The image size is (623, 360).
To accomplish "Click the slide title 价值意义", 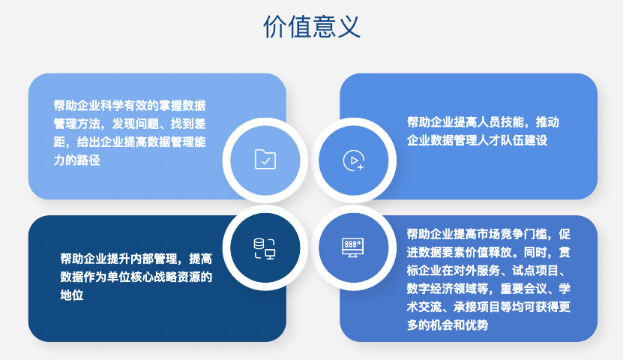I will click(x=311, y=27).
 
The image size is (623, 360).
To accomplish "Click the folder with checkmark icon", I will click(x=265, y=159).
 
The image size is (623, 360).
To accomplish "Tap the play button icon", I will click(x=353, y=160).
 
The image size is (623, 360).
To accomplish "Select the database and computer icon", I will click(x=265, y=247).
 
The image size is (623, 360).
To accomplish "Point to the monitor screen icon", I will click(x=353, y=247).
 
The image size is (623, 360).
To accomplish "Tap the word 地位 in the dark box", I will click(x=71, y=295).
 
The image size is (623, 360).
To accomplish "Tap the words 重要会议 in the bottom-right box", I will click(x=521, y=288).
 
